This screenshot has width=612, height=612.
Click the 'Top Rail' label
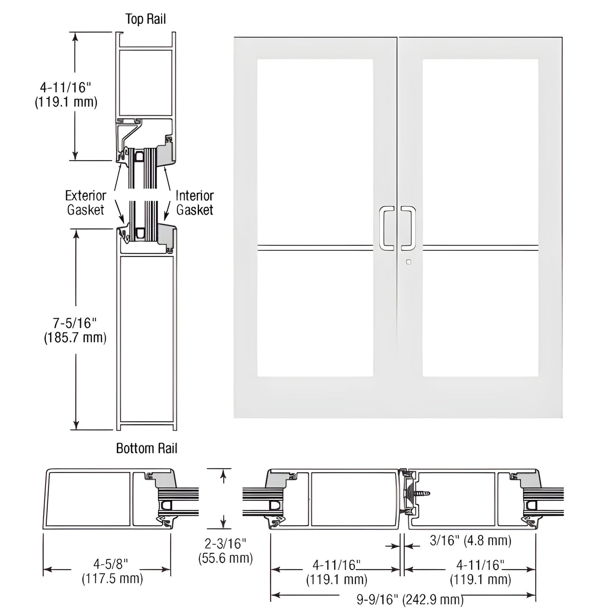tap(145, 19)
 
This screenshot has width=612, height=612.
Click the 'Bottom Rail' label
tap(147, 449)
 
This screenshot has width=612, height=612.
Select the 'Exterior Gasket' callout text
tap(86, 202)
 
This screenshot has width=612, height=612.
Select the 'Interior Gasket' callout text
tap(194, 202)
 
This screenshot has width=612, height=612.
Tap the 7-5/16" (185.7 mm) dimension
tap(75, 330)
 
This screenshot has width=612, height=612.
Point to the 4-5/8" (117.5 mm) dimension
tap(112, 571)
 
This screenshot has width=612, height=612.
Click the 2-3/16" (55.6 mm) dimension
tap(225, 551)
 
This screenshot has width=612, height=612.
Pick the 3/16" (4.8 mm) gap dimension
tap(471, 540)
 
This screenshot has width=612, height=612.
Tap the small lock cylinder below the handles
tap(408, 262)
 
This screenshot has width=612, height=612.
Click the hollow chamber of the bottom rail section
tap(147, 339)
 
